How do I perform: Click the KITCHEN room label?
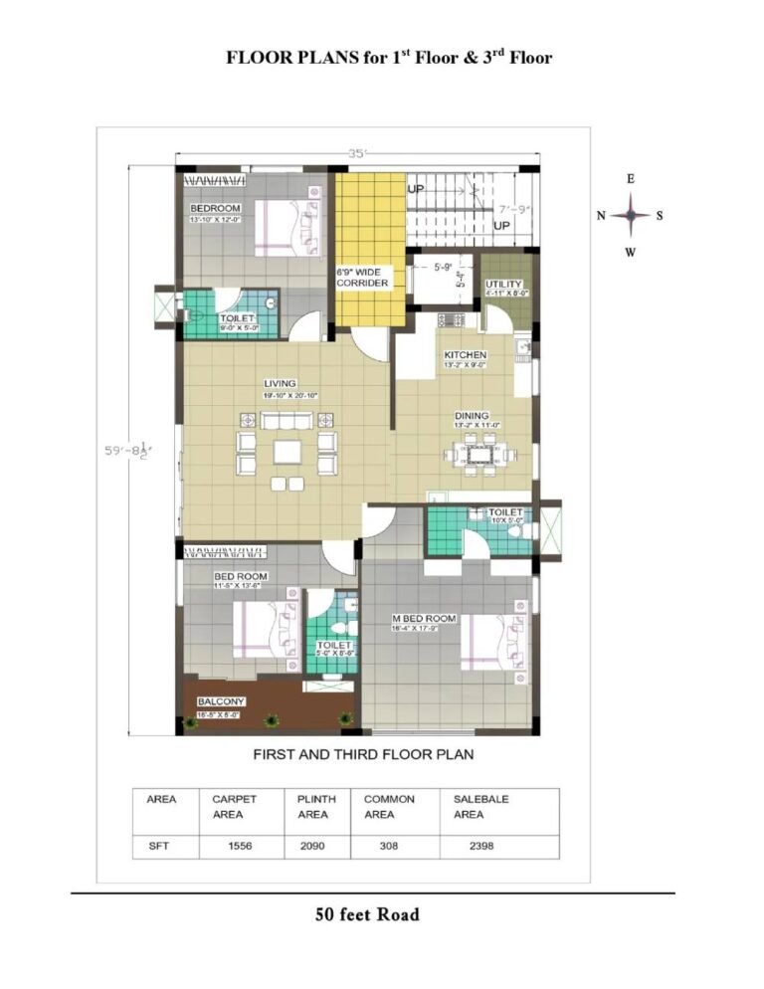465,355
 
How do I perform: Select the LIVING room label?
280,383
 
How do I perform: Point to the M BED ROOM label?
424,619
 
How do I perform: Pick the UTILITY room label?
503,285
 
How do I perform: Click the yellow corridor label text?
364,277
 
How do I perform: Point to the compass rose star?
631,215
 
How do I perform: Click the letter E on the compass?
631,179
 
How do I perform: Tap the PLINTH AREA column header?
316,806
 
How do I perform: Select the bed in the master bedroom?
488,640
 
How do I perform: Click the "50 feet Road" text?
367,913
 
